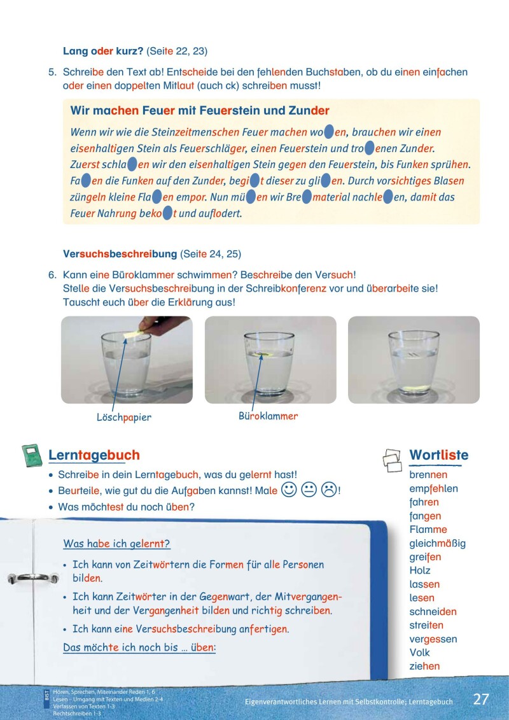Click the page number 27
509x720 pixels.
tap(481, 699)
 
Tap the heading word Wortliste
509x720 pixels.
tap(438, 455)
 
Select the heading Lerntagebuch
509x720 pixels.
tap(94, 455)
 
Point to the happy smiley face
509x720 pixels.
tap(289, 490)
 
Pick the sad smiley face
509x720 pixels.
tap(329, 490)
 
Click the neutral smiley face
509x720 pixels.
tap(309, 490)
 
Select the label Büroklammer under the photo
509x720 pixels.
tap(268, 416)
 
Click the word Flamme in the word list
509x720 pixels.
tap(428, 530)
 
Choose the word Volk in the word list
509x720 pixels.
tap(420, 653)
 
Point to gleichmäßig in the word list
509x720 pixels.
tap(438, 544)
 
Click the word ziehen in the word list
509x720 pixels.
tap(424, 667)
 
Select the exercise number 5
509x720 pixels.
tap(53, 72)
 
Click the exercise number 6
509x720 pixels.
tap(53, 274)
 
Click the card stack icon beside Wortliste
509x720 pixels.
tap(392, 458)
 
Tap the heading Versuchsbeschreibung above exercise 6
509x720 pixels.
tap(120, 253)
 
